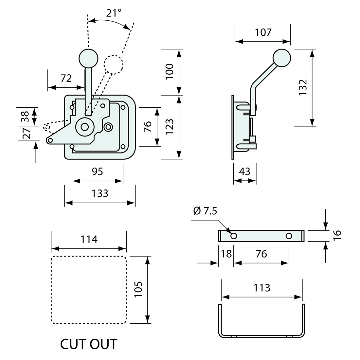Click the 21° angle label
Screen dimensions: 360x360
click(x=114, y=13)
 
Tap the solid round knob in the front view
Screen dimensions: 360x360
click(x=88, y=58)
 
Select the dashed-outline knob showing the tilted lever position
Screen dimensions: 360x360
click(x=113, y=63)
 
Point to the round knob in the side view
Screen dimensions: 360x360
click(x=281, y=58)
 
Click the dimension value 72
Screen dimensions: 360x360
click(x=66, y=79)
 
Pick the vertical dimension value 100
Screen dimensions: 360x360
click(x=169, y=72)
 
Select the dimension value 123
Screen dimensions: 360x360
click(x=169, y=127)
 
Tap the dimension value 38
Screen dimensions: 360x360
click(x=26, y=116)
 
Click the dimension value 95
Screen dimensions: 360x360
click(x=97, y=171)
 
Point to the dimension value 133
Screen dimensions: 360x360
click(x=99, y=193)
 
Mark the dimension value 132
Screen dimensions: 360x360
click(x=303, y=87)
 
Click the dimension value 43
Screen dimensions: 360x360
click(x=244, y=171)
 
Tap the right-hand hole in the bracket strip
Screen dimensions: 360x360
click(x=289, y=236)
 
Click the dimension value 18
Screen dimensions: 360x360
click(x=226, y=254)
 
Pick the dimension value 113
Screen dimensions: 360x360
click(x=262, y=288)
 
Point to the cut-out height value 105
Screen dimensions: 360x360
click(x=138, y=289)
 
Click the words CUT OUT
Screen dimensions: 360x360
click(x=89, y=344)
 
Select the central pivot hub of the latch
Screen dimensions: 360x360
click(x=84, y=127)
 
